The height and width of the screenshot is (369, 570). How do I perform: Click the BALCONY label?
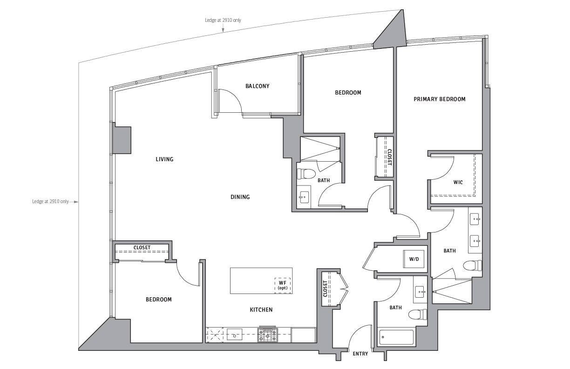pyautogui.click(x=257, y=86)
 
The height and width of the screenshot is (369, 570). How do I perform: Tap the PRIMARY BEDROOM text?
pyautogui.click(x=440, y=99)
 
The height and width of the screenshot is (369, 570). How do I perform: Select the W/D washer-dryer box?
pyautogui.click(x=414, y=259)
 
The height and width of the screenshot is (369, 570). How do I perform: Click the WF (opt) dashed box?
pyautogui.click(x=283, y=285)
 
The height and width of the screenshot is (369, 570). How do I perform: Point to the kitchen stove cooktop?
pyautogui.click(x=267, y=335)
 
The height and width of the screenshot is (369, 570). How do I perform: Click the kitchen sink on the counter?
pyautogui.click(x=234, y=335)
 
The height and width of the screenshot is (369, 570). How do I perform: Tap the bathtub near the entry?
pyautogui.click(x=396, y=337)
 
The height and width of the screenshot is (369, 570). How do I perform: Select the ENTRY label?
pyautogui.click(x=360, y=354)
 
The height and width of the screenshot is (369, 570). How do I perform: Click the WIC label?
pyautogui.click(x=458, y=182)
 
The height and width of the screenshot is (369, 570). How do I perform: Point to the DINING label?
pyautogui.click(x=240, y=197)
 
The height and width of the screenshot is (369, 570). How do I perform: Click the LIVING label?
pyautogui.click(x=164, y=159)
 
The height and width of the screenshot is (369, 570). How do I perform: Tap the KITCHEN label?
pyautogui.click(x=261, y=310)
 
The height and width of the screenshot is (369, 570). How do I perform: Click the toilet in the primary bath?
pyautogui.click(x=472, y=266)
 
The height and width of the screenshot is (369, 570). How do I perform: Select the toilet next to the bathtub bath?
pyautogui.click(x=418, y=314)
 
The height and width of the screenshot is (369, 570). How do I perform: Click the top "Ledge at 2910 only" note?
pyautogui.click(x=223, y=20)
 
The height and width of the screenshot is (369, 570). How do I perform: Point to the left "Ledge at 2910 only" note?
pyautogui.click(x=50, y=201)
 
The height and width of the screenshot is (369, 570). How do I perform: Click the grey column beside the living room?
pyautogui.click(x=122, y=140)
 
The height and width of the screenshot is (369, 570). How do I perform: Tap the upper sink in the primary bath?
pyautogui.click(x=475, y=219)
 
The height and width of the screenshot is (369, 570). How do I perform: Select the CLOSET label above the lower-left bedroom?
pyautogui.click(x=142, y=247)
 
